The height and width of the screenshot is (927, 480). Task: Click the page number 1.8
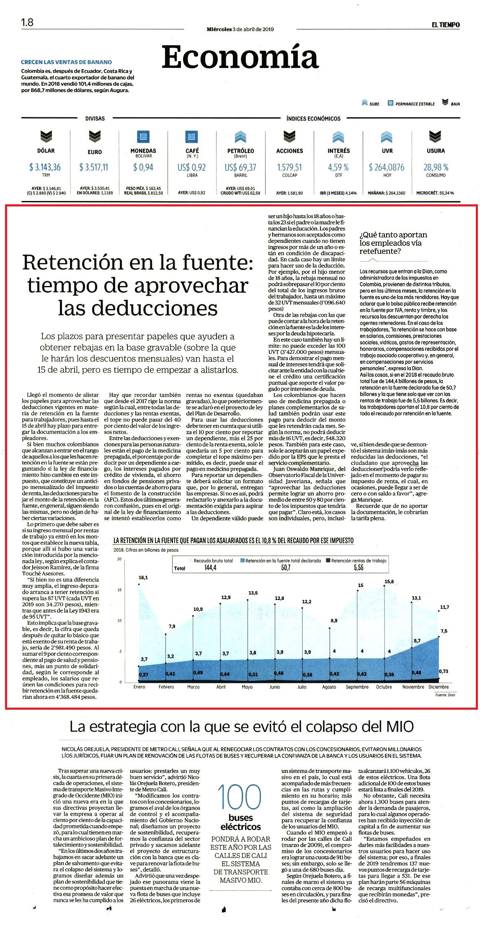click(27, 22)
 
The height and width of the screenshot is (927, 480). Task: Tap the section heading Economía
click(240, 57)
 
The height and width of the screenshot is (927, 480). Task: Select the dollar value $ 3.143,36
click(45, 167)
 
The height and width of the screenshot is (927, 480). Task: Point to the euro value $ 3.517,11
click(94, 167)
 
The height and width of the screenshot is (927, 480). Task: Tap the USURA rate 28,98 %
click(436, 167)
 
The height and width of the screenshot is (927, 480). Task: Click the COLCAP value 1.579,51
click(289, 167)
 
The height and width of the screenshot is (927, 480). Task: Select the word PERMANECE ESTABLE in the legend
click(415, 104)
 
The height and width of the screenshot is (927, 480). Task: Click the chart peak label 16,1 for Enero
click(143, 577)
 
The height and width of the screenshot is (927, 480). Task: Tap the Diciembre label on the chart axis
click(438, 687)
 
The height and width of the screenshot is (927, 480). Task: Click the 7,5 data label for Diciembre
click(444, 631)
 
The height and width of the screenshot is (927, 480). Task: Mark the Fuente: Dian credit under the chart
click(445, 695)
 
